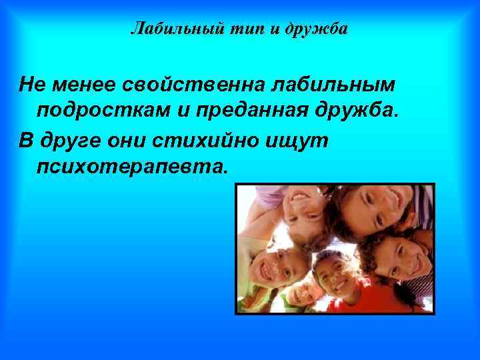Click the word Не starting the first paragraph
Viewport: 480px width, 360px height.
click(31, 85)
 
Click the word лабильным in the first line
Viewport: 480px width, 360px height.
click(333, 85)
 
